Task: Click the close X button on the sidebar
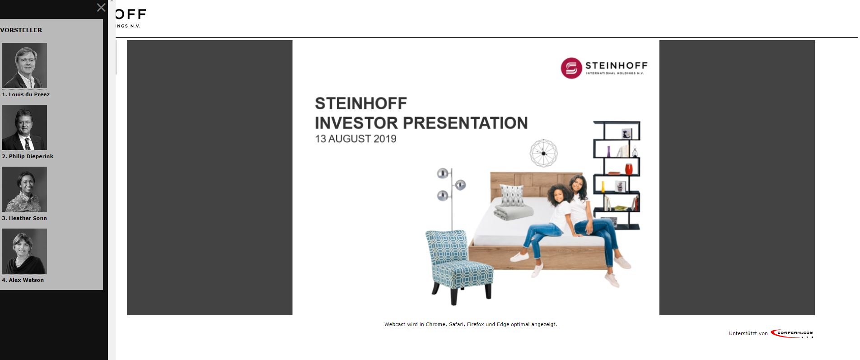101,8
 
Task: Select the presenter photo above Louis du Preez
24,65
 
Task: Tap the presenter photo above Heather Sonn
24,189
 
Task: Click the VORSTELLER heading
21,30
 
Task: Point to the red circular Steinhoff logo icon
571,68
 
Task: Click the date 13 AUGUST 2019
355,139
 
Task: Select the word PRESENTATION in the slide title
465,123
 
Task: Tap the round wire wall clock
543,153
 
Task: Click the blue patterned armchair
458,262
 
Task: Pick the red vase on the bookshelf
629,169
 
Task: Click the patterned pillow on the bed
512,195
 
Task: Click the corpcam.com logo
792,334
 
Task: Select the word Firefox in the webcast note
475,324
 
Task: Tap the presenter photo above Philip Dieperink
24,127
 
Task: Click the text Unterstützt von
748,334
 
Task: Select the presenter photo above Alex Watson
24,251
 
